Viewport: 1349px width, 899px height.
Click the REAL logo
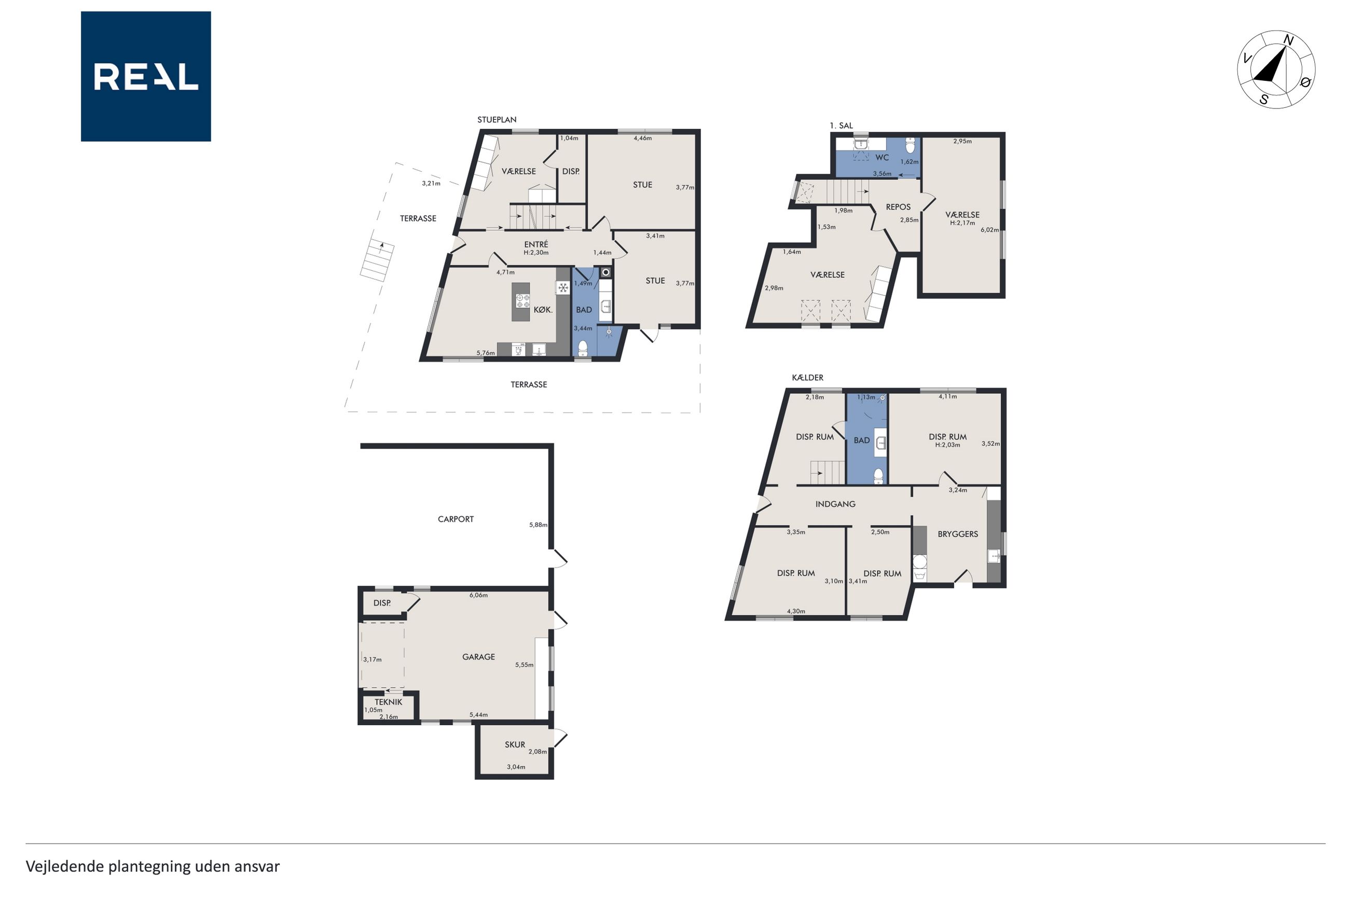click(146, 76)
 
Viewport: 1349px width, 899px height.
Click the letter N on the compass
click(1288, 40)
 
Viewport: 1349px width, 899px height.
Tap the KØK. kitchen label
click(543, 310)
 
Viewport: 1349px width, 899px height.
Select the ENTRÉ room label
click(536, 244)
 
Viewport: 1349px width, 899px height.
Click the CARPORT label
click(456, 519)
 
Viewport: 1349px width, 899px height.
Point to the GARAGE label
click(479, 656)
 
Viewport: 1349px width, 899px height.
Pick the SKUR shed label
click(515, 744)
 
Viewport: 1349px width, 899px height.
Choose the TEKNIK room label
click(389, 702)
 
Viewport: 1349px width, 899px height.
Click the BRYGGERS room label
click(957, 534)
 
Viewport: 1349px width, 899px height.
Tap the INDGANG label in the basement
click(835, 504)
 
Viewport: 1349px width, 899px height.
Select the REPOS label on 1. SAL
click(898, 207)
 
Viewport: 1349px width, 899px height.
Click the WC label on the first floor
click(882, 158)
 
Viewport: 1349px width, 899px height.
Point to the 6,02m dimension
click(989, 230)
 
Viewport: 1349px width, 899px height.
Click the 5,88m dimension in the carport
click(538, 524)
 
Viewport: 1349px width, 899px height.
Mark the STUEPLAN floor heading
click(497, 120)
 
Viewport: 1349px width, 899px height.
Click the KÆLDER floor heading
click(807, 377)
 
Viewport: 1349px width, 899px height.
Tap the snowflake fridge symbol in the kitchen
click(563, 288)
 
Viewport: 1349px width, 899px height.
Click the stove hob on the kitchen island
click(522, 301)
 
